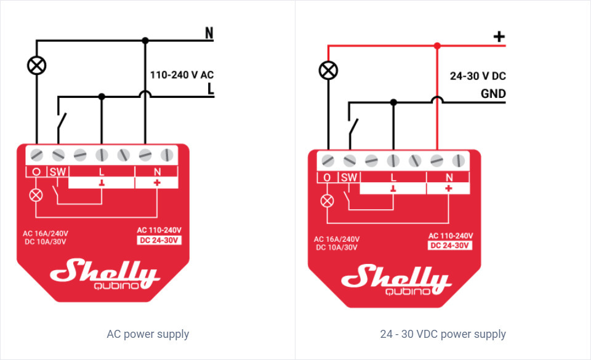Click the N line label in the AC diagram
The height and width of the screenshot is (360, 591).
click(209, 33)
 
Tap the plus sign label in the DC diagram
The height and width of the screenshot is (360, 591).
click(499, 37)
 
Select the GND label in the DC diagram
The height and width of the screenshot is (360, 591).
click(493, 94)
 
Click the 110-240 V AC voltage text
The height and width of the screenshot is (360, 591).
click(182, 74)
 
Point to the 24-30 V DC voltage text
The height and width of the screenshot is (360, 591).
click(478, 76)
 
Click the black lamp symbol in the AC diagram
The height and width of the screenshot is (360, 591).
click(37, 65)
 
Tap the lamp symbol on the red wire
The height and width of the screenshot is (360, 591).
click(328, 70)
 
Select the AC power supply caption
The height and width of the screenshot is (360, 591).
click(148, 334)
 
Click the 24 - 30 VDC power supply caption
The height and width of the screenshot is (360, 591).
click(443, 334)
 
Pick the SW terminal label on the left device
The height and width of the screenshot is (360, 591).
click(58, 171)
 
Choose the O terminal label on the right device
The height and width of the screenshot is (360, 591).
click(327, 177)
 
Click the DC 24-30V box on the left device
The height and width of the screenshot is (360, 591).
click(159, 240)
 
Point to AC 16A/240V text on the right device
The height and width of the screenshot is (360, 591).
click(337, 239)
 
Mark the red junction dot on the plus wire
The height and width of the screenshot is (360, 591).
click(437, 46)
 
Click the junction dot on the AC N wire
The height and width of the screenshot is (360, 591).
click(145, 41)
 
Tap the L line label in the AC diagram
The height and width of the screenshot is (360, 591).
click(211, 90)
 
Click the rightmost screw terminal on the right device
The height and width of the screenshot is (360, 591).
click(457, 160)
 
